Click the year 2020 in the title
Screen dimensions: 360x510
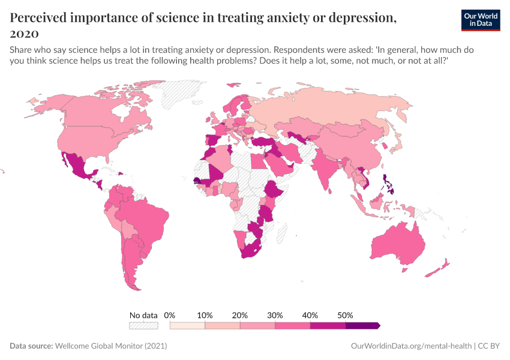(x=25, y=33)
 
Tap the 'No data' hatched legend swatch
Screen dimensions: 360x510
(x=143, y=326)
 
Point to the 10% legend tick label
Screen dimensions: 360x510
(x=205, y=315)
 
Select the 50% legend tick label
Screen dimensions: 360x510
(x=346, y=315)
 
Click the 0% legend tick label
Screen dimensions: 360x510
(x=170, y=315)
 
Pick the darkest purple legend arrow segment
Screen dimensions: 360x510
(x=362, y=326)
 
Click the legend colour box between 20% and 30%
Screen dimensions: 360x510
(x=257, y=326)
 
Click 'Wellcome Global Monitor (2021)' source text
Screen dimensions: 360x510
(x=110, y=346)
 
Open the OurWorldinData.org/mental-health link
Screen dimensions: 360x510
(x=410, y=346)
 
